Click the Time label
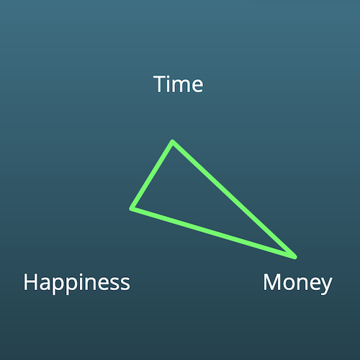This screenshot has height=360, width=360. (179, 84)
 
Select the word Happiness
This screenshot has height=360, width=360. (77, 283)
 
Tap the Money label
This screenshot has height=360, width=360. (297, 284)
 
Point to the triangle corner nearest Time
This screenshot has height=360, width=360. (173, 142)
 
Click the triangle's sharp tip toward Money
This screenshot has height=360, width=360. (294, 257)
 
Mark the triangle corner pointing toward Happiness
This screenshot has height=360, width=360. (132, 208)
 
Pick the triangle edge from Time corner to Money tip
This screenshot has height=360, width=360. (234, 199)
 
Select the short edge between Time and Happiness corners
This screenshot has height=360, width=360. (152, 175)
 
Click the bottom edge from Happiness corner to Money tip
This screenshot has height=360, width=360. (213, 233)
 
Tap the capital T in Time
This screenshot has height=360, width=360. (161, 84)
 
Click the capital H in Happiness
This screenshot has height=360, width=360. (30, 282)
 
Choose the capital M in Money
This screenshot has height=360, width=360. (272, 282)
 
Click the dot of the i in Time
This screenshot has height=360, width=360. (171, 77)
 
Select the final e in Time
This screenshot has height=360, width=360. (197, 86)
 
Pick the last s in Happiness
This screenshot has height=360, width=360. (125, 284)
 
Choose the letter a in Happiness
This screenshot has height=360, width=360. (45, 284)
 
